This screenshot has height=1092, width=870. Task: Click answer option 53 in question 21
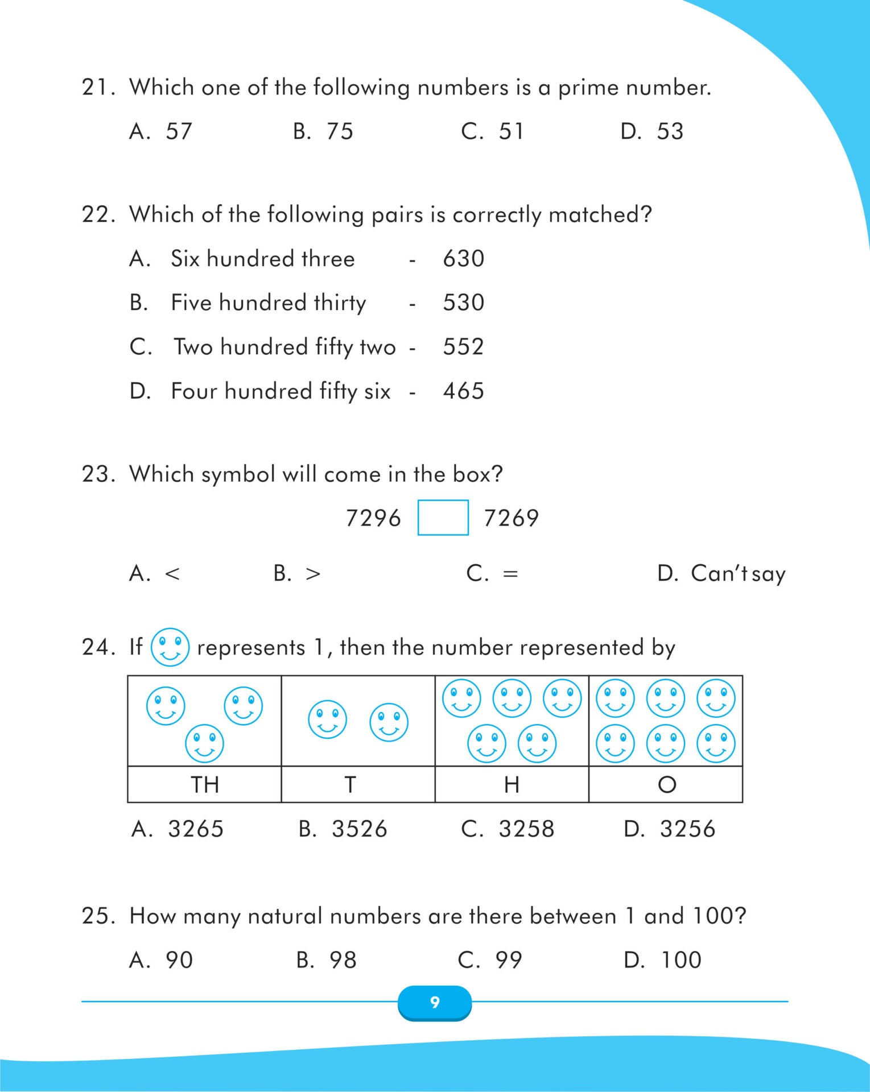pyautogui.click(x=670, y=131)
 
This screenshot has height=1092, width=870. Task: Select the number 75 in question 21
pyautogui.click(x=340, y=131)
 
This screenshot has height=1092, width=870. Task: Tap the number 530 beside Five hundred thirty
pyautogui.click(x=463, y=303)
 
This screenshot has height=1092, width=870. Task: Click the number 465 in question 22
pyautogui.click(x=463, y=391)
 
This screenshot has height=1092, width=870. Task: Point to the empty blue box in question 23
pyautogui.click(x=443, y=518)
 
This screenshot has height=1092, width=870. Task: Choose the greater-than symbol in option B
pyautogui.click(x=313, y=574)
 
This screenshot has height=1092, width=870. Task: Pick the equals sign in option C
pyautogui.click(x=510, y=574)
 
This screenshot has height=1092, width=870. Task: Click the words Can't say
pyautogui.click(x=737, y=574)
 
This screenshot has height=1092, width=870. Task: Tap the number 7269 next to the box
pyautogui.click(x=510, y=518)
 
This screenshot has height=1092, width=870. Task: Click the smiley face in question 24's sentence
pyautogui.click(x=170, y=647)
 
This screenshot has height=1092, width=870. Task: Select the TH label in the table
pyautogui.click(x=204, y=785)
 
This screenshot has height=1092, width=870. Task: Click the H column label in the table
pyautogui.click(x=512, y=785)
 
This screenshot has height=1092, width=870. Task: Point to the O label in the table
pyautogui.click(x=666, y=785)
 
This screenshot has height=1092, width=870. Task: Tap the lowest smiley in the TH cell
pyautogui.click(x=204, y=743)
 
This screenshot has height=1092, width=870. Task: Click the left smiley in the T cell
pyautogui.click(x=327, y=719)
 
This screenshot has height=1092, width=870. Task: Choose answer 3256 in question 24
pyautogui.click(x=687, y=829)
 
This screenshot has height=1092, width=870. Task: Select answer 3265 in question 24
pyautogui.click(x=196, y=829)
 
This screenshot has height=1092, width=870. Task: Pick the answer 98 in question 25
pyautogui.click(x=343, y=961)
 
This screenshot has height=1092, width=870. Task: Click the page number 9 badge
pyautogui.click(x=435, y=1002)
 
